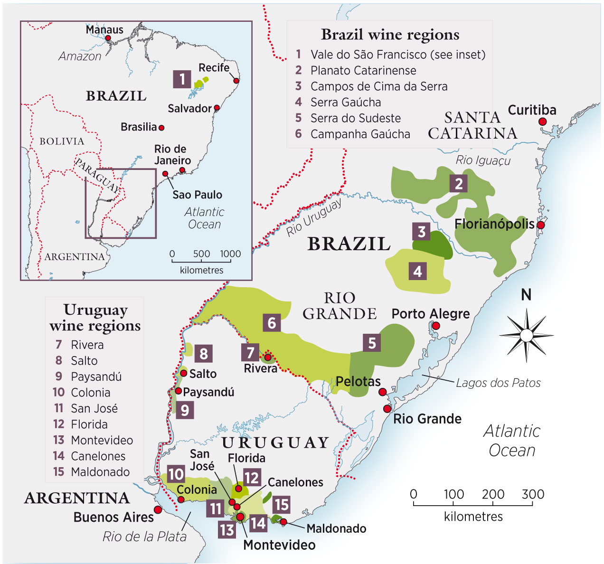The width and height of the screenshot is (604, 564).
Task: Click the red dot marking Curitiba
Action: pos(542,122)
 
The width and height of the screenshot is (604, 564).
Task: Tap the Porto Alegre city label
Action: pos(430,314)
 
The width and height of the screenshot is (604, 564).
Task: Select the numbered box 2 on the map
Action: pos(458,183)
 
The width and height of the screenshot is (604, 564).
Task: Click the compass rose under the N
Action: pos(526,336)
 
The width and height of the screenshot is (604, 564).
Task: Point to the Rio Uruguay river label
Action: pos(314,218)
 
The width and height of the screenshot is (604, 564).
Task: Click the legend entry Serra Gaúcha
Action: pos(345,102)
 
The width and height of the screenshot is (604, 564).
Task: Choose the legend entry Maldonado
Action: pos(100,472)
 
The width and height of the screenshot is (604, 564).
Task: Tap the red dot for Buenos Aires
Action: pos(158,509)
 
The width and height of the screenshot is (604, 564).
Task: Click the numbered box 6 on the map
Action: pos(272,323)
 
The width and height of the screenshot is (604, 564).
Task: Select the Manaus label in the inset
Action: pos(104,29)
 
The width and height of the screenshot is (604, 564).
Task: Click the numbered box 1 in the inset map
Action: pos(182,79)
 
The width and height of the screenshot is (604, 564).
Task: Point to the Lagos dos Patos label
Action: pos(498,383)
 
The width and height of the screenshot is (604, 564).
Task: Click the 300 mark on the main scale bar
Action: pos(532,495)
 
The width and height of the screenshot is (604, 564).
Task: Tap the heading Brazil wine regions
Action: pos(390,35)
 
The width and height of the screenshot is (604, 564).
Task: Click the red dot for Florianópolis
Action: pos(540,225)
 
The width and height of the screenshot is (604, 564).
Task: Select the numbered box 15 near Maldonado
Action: pos(282,505)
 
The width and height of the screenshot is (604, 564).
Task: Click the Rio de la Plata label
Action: pos(144,536)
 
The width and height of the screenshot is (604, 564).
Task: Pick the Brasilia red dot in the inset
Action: pos(161,128)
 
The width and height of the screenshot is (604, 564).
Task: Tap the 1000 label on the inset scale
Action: pos(230,254)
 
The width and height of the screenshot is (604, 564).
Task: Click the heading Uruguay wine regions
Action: pos(95,318)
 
